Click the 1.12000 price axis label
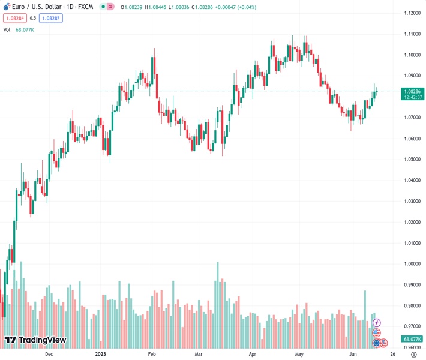pyautogui.click(x=410, y=13)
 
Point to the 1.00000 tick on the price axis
pyautogui.click(x=410, y=264)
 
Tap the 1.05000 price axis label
pyautogui.click(x=410, y=160)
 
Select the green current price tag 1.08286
pyautogui.click(x=411, y=91)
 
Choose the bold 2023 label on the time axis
pyautogui.click(x=100, y=354)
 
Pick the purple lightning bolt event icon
pyautogui.click(x=377, y=323)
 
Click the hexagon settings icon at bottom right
pyautogui.click(x=413, y=354)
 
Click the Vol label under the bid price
pyautogui.click(x=7, y=29)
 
